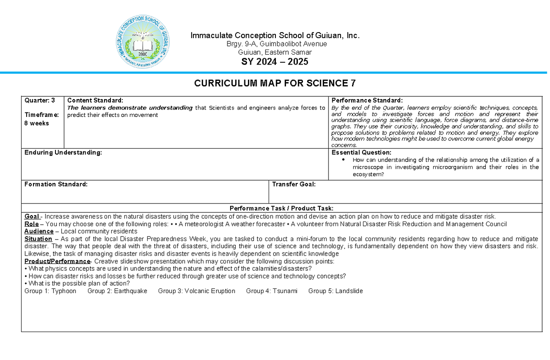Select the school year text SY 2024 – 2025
(x=275, y=62)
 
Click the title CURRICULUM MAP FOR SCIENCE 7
(x=275, y=83)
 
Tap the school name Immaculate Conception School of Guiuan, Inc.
(x=275, y=36)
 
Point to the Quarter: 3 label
(x=39, y=100)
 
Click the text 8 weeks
(x=37, y=123)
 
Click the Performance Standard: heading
(x=367, y=100)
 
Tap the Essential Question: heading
(x=361, y=152)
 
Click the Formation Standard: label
(x=55, y=184)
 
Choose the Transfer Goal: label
(x=294, y=184)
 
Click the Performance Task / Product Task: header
(x=281, y=208)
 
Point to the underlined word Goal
(x=32, y=216)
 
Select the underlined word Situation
(x=38, y=239)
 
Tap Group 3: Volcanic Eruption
(x=197, y=291)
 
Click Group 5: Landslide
(x=335, y=291)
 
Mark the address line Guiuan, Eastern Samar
(x=275, y=52)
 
